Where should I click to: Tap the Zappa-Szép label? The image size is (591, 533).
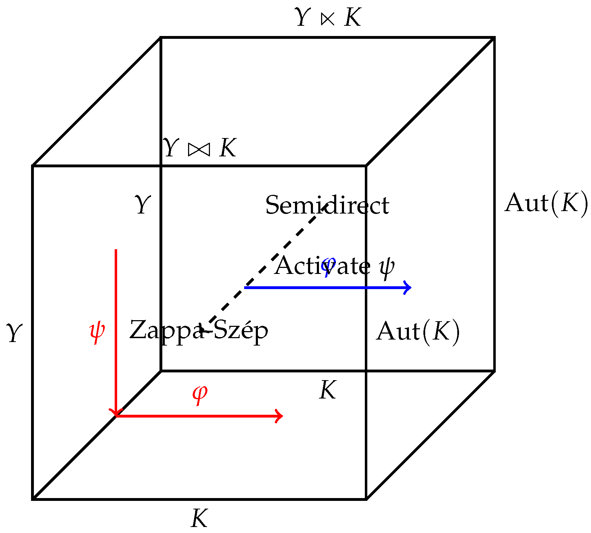point(199,330)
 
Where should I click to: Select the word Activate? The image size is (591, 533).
point(322,266)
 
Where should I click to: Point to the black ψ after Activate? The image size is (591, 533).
point(387,267)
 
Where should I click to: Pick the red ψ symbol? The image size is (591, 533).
point(97,331)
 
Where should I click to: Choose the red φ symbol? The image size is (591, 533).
point(200,393)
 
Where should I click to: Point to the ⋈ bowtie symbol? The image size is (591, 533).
point(199,149)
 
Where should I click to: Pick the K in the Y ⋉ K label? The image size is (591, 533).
point(353,17)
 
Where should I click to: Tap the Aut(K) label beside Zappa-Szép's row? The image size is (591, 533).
point(418,331)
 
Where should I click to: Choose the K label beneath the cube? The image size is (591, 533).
point(199,518)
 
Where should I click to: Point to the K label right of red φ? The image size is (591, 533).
point(327,390)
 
